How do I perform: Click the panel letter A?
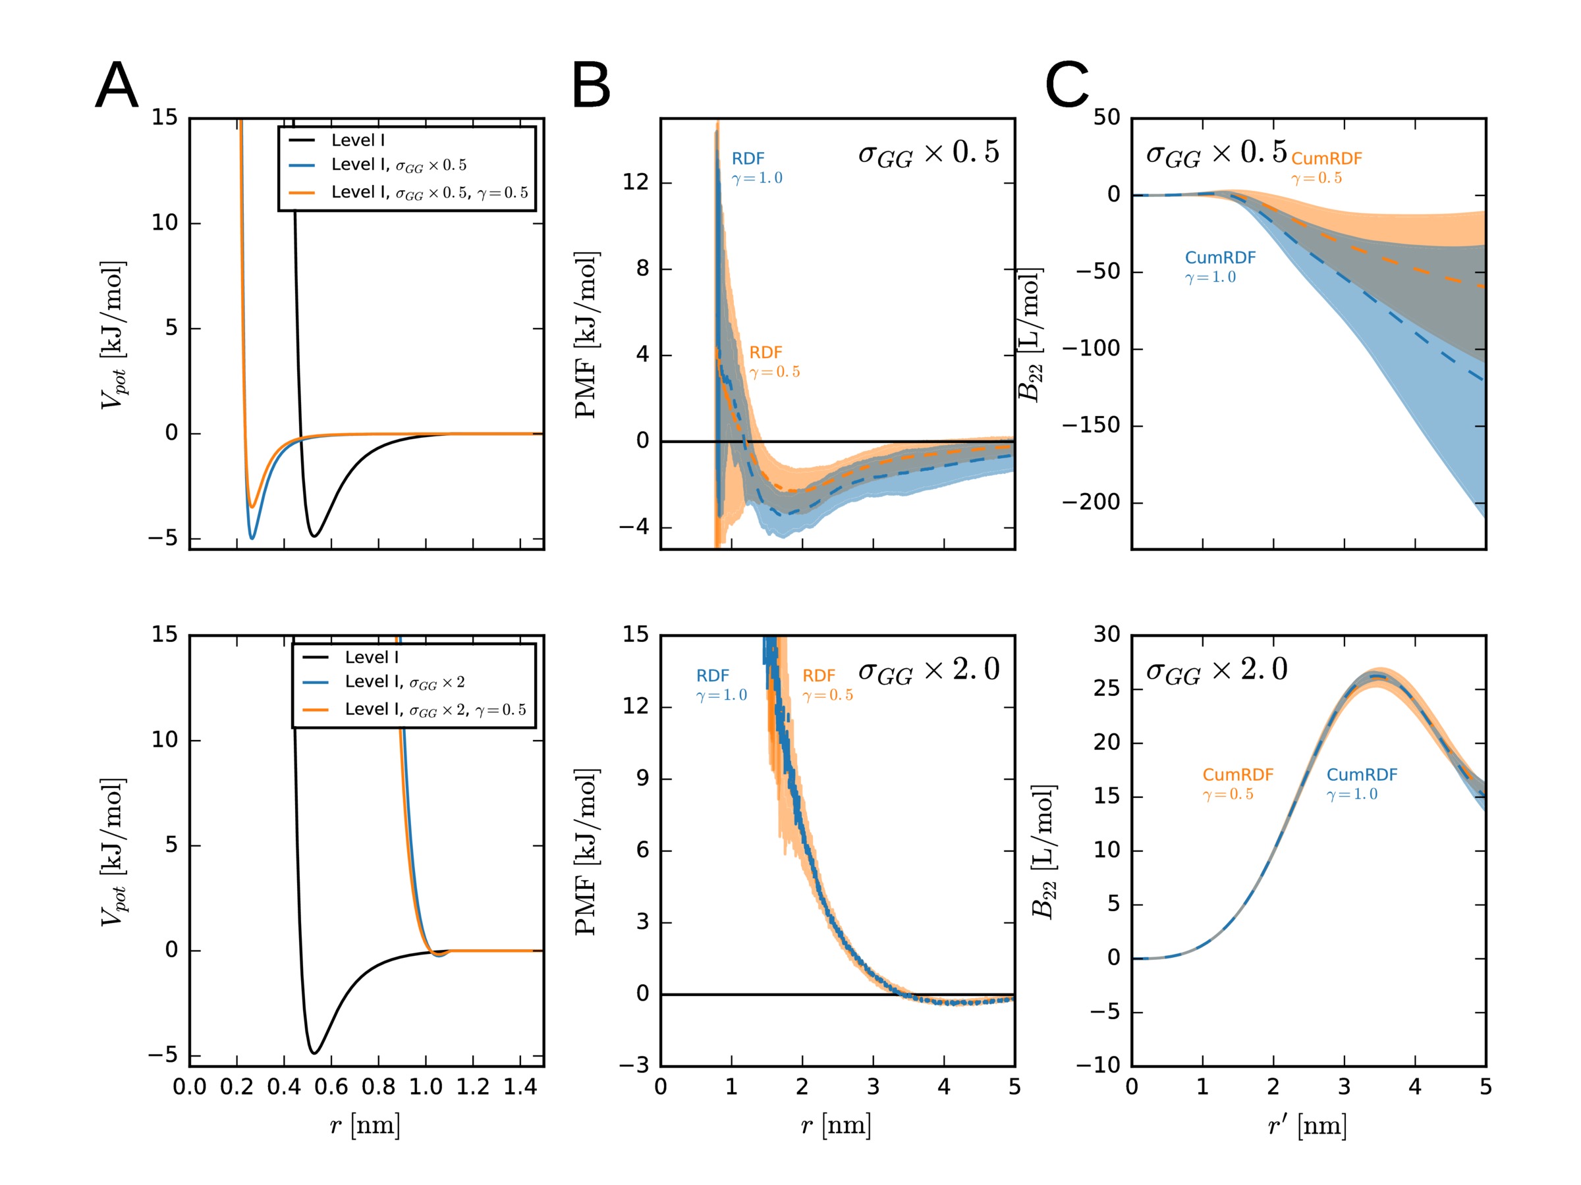coord(117,85)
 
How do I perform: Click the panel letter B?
coord(590,85)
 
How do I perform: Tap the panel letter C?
coord(1067,85)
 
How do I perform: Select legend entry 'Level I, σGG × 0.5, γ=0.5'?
coord(429,193)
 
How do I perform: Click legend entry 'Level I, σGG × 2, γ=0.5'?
coord(435,709)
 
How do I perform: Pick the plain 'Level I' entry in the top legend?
coord(357,140)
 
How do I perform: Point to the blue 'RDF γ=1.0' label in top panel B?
coord(756,168)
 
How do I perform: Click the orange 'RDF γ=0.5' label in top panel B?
coord(774,362)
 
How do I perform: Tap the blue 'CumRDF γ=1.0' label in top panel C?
coord(1219,267)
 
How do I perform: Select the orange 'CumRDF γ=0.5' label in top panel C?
coord(1326,168)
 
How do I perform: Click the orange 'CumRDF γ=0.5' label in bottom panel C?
coord(1237,783)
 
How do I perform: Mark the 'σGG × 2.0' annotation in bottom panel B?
coord(928,671)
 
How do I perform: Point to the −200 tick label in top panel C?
coord(1090,502)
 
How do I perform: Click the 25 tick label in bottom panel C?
coord(1107,689)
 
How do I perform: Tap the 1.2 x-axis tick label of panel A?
coord(472,1087)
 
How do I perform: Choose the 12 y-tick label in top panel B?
coord(636,182)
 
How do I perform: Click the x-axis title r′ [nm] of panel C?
coord(1307,1126)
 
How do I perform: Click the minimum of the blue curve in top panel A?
coord(252,539)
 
